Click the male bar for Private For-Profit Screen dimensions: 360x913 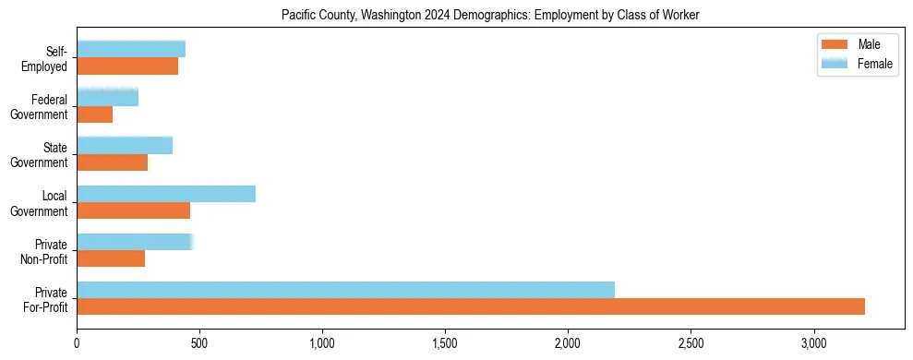click(471, 306)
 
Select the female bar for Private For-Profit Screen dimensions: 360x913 click(345, 290)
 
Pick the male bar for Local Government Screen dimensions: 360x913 click(133, 210)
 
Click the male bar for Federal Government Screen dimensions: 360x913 click(94, 114)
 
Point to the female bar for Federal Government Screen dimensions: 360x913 click(107, 98)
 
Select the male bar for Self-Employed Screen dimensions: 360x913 click(127, 66)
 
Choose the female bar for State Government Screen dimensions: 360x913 click(125, 146)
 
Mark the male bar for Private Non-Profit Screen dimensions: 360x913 click(111, 258)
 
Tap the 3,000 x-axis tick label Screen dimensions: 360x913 click(813, 343)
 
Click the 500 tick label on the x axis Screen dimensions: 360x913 click(199, 343)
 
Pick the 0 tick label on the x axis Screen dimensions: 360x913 click(77, 343)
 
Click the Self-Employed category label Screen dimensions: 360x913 click(50, 58)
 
